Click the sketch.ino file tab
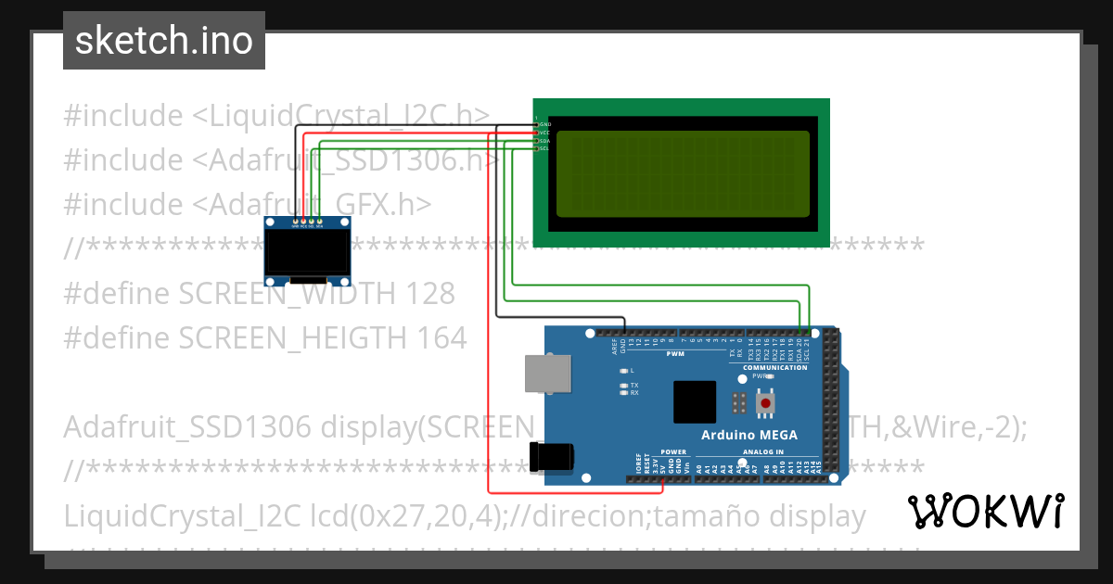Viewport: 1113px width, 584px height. pos(163,41)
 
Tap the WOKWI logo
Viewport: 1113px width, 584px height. pos(986,511)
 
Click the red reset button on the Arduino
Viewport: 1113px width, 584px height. pos(765,404)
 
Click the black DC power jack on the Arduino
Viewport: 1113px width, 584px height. pos(551,457)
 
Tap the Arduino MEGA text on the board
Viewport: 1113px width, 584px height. pos(748,435)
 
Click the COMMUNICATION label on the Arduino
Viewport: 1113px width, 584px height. pos(775,368)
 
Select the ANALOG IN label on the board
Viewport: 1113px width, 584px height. pos(763,452)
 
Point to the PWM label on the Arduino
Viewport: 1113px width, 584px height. pos(674,353)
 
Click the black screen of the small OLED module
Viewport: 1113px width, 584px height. pos(307,252)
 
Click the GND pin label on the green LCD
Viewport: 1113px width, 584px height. pos(545,124)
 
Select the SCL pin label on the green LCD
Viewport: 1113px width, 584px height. pos(544,148)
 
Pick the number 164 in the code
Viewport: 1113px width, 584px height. pos(436,338)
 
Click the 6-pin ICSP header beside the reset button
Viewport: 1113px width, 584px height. pos(740,404)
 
